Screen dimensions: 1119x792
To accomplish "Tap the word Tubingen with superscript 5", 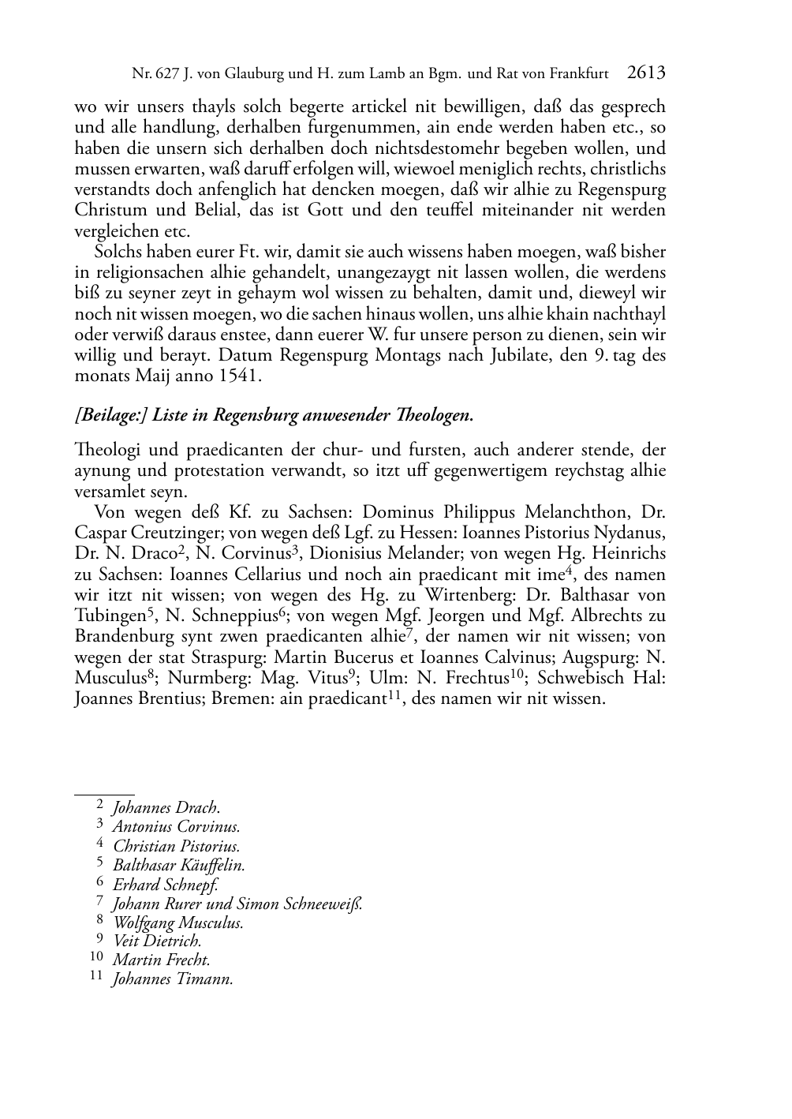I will pos(110,616).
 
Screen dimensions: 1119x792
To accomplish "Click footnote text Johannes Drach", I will pos(166,807).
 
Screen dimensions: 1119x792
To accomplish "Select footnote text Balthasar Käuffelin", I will pos(179,865).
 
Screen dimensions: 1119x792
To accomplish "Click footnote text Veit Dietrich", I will pos(158,941).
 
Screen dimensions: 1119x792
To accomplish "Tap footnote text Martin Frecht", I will pos(161,960).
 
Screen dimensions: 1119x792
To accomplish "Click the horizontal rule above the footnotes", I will pos(104,792).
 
